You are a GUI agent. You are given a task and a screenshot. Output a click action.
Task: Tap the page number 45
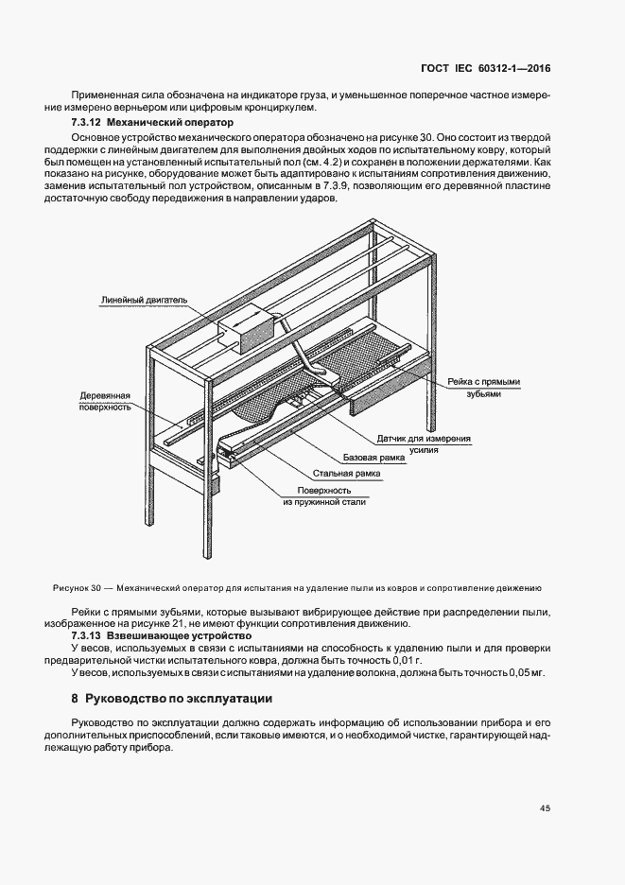(545, 808)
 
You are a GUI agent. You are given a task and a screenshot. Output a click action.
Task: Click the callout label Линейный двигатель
(144, 301)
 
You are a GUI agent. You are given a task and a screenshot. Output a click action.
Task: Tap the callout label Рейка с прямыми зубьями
(484, 388)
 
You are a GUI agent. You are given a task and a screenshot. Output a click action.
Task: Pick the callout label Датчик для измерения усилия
(424, 444)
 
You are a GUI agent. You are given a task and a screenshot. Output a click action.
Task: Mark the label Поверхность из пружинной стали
(324, 496)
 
